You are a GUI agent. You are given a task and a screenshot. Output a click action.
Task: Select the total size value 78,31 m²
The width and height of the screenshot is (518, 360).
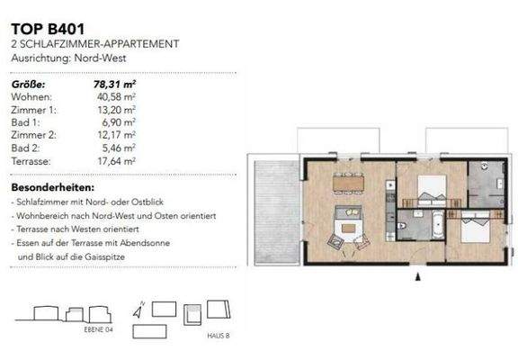click(x=114, y=83)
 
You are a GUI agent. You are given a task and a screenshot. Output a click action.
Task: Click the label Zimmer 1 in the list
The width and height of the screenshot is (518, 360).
click(x=31, y=108)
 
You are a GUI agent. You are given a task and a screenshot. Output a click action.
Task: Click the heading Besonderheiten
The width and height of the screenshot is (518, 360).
click(x=52, y=187)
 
